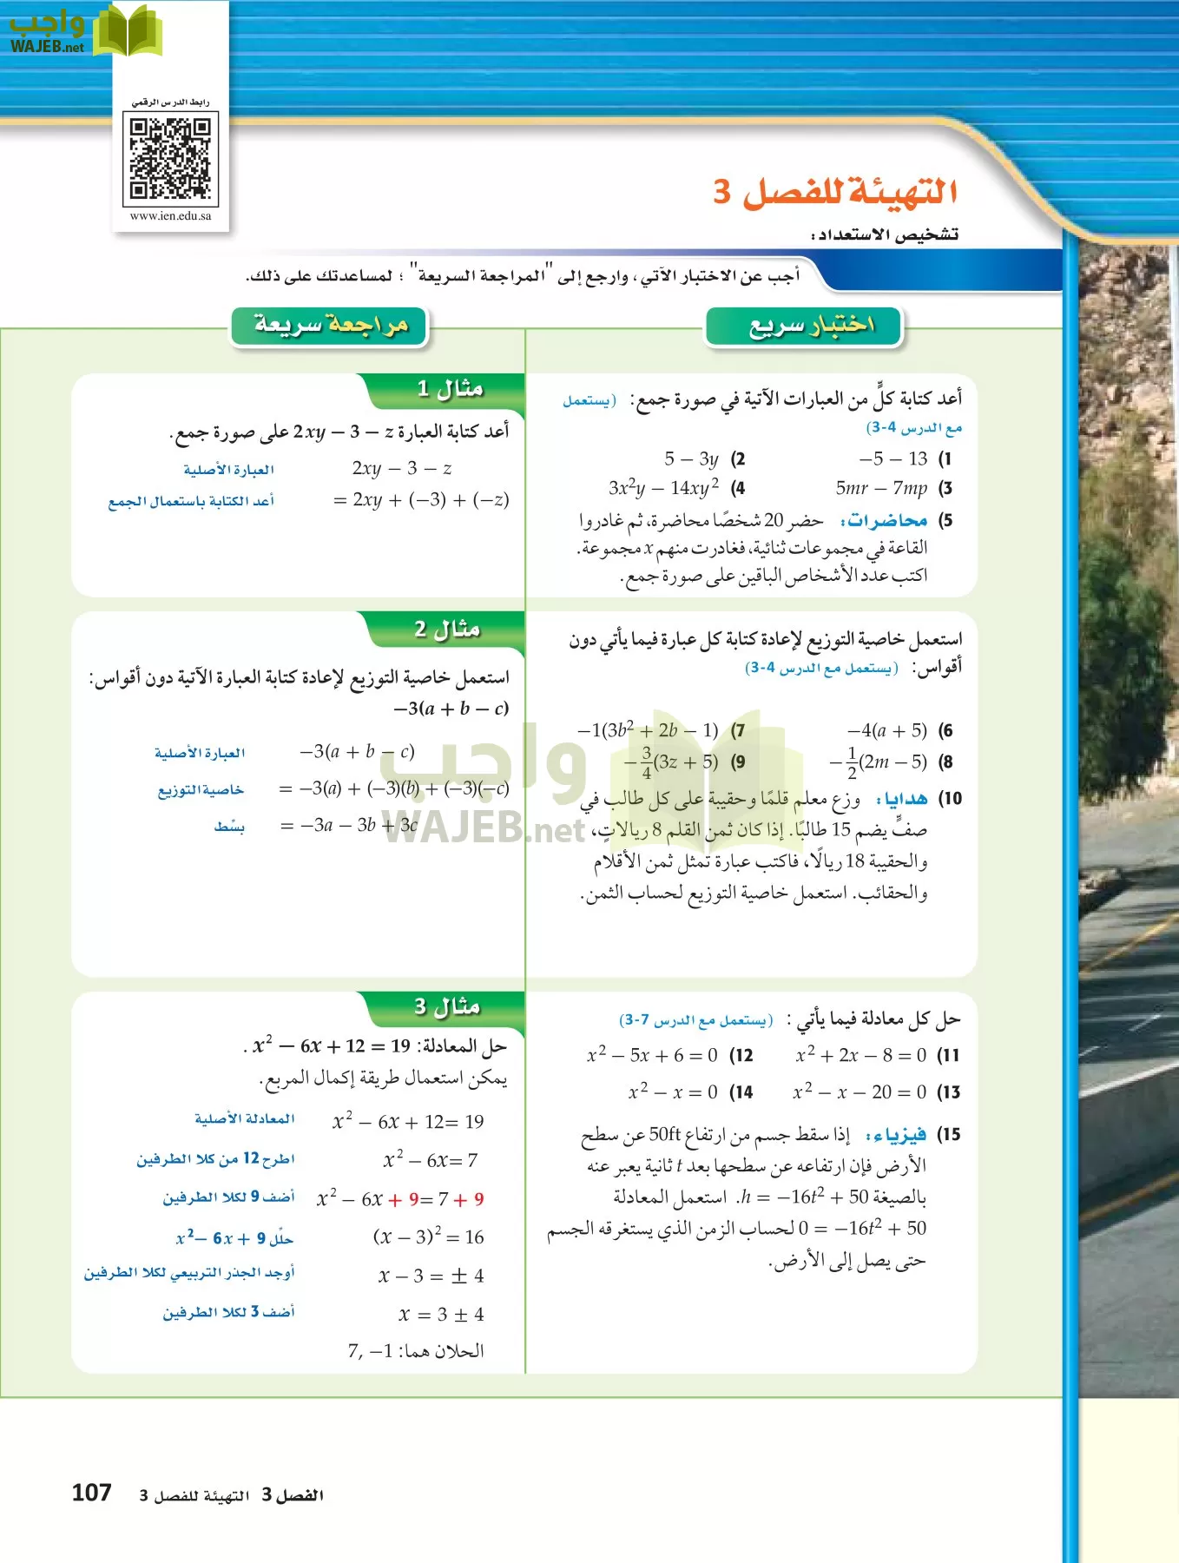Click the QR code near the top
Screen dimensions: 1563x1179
pyautogui.click(x=170, y=158)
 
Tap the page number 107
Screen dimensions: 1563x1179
pyautogui.click(x=91, y=1493)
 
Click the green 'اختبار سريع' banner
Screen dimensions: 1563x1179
pyautogui.click(x=804, y=326)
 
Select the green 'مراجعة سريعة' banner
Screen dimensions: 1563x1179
pyautogui.click(x=330, y=326)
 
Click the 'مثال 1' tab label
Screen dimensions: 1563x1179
pyautogui.click(x=450, y=389)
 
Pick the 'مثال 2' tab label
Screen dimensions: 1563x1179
pyautogui.click(x=447, y=630)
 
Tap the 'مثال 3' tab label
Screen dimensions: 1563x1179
pyautogui.click(x=447, y=1007)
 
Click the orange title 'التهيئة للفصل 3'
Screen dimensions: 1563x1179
pyautogui.click(x=835, y=192)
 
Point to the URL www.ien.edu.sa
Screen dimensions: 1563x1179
pyautogui.click(x=170, y=216)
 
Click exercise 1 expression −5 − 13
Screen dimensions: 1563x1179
pyautogui.click(x=893, y=458)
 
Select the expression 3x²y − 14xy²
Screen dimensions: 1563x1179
pyautogui.click(x=663, y=488)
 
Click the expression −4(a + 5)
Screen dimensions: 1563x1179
pyautogui.click(x=886, y=730)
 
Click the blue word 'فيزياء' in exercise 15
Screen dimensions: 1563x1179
pyautogui.click(x=897, y=1135)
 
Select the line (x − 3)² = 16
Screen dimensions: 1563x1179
pyautogui.click(x=428, y=1237)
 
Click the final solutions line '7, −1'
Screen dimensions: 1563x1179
pyautogui.click(x=415, y=1351)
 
